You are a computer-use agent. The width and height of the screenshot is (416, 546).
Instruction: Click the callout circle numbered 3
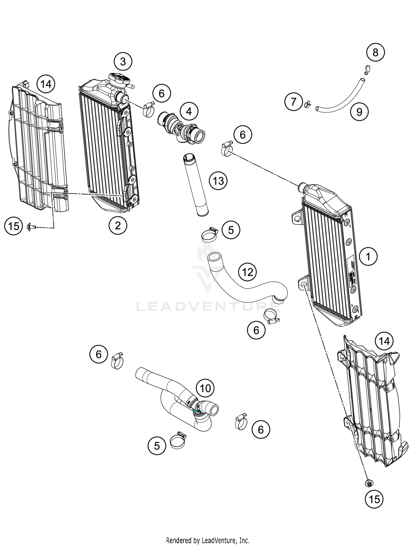tap(123, 61)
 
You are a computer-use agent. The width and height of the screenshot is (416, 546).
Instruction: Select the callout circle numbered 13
tap(218, 181)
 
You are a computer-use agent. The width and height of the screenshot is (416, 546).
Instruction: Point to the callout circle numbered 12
tap(247, 272)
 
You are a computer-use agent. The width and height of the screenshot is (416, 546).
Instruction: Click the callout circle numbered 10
tap(205, 388)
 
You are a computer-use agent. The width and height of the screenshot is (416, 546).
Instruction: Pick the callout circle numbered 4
tap(189, 111)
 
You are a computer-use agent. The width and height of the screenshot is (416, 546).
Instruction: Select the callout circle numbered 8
tap(376, 52)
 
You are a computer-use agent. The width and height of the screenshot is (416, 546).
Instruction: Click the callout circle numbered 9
tap(359, 112)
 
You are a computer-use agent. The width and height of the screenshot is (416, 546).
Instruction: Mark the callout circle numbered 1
tap(368, 257)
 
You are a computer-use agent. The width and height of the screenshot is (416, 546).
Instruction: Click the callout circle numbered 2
tap(118, 225)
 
